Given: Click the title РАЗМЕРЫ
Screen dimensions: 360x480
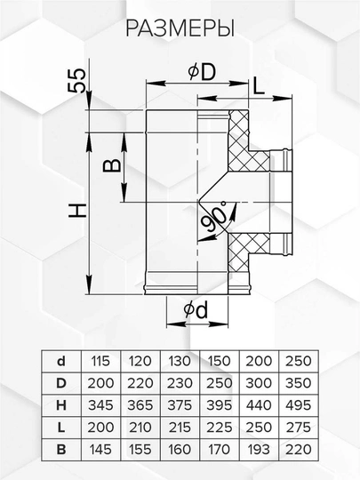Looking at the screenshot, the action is (x=180, y=29).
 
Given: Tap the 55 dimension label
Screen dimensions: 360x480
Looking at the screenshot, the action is (x=76, y=80).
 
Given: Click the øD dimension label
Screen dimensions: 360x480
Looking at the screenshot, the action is (x=202, y=73).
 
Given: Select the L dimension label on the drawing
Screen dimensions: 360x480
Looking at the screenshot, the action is (x=259, y=85).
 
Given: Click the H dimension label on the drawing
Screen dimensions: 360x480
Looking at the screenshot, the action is (x=77, y=211).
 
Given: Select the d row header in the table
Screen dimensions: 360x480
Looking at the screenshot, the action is (x=61, y=361).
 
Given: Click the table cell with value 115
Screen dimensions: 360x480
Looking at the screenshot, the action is (x=100, y=361).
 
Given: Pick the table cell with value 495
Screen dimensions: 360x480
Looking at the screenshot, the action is (x=299, y=405).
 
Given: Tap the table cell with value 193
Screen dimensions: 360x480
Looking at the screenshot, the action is (x=259, y=450).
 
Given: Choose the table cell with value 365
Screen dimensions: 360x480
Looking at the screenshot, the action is (x=140, y=405).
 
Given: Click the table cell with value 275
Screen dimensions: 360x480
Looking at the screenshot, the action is (x=299, y=428).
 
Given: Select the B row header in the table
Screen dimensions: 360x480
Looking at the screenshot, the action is (x=61, y=450).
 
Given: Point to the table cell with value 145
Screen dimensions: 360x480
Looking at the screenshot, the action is (x=100, y=450).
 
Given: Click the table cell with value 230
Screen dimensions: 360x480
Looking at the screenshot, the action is (x=180, y=383).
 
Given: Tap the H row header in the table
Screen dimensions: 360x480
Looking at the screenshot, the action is (x=61, y=405).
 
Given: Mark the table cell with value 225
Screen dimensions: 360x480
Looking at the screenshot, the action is (x=220, y=428).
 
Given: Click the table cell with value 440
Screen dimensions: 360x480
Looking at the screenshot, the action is (x=259, y=405).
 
